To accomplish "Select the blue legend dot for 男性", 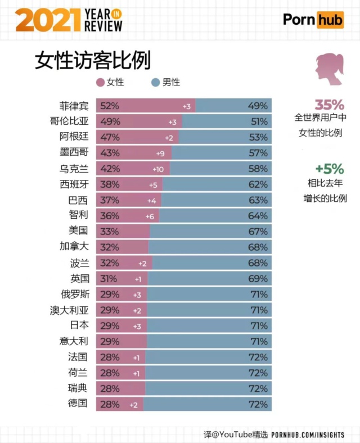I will coord(156,82).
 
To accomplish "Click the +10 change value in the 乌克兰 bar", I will coord(157,169).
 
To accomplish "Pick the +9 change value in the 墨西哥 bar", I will coord(160,153).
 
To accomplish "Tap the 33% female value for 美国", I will coord(109,230).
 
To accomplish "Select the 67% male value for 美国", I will coord(258,230).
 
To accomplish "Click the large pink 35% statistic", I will coord(328,105).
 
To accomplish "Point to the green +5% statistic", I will coord(328,168).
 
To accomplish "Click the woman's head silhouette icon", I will coord(329,70).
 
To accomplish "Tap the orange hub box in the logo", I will coord(330,20).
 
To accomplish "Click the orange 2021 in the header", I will coord(47,21).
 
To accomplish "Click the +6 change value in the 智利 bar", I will coord(150,215).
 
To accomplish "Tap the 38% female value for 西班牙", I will coord(109,184).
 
